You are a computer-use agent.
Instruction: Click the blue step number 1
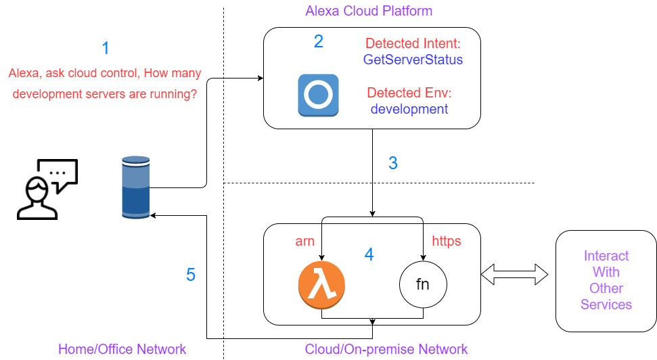[x=105, y=48]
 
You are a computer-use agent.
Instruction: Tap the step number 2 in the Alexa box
[x=319, y=41]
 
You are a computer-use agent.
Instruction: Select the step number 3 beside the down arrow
[x=392, y=163]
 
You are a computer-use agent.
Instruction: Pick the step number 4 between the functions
[x=369, y=254]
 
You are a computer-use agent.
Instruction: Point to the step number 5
[x=191, y=275]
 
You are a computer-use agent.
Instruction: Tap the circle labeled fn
[x=422, y=284]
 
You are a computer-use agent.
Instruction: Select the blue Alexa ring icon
[x=319, y=95]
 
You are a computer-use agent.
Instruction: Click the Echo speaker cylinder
[x=135, y=187]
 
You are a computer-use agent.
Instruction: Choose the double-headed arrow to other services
[x=514, y=275]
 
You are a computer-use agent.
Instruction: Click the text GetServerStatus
[x=413, y=60]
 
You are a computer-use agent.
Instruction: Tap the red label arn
[x=305, y=240]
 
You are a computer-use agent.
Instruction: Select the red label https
[x=447, y=240]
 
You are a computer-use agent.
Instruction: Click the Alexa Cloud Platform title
[x=369, y=11]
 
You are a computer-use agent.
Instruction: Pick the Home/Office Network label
[x=122, y=349]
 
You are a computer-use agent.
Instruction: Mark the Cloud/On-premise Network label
[x=386, y=349]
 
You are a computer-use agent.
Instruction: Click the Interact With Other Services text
[x=606, y=280]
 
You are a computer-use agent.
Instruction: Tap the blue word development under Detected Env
[x=409, y=109]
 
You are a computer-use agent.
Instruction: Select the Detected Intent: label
[x=413, y=44]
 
